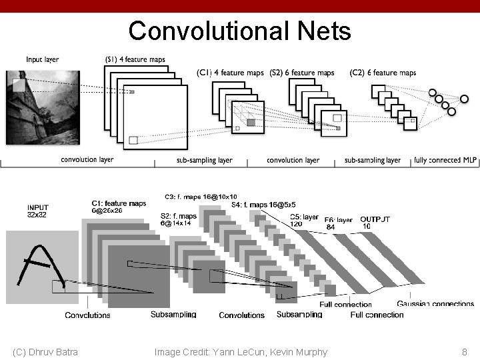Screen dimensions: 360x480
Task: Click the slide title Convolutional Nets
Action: click(239, 31)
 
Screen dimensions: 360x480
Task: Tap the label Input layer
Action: click(43, 59)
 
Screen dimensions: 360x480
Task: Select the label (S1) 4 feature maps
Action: click(135, 59)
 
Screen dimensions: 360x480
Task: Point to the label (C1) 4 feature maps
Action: click(230, 73)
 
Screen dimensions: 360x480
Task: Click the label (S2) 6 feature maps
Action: click(302, 73)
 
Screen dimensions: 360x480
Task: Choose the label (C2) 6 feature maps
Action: click(383, 73)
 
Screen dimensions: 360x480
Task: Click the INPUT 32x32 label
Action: click(38, 211)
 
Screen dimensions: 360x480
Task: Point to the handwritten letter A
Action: click(43, 269)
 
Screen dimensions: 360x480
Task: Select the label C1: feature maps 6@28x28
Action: click(119, 207)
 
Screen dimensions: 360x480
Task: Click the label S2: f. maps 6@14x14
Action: click(179, 219)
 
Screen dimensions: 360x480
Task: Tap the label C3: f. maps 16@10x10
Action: click(200, 197)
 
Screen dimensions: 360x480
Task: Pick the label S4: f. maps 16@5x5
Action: click(263, 205)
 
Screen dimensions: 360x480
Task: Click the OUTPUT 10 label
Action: click(375, 223)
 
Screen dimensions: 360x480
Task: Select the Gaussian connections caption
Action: click(435, 305)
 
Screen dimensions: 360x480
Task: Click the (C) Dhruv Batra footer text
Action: click(45, 352)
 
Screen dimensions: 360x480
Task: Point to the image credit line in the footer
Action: click(241, 352)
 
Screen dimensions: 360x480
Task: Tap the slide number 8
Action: click(464, 352)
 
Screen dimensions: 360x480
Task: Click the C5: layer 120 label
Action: click(304, 221)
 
